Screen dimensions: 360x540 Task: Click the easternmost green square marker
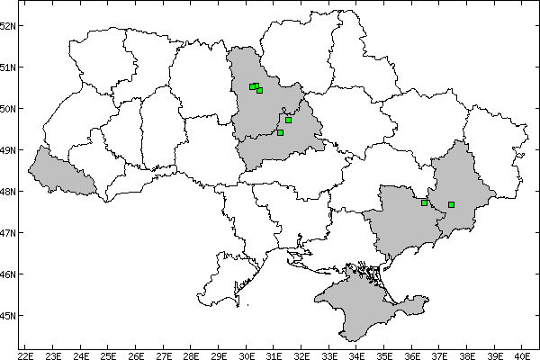click(451, 204)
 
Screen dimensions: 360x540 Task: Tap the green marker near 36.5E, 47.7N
click(424, 202)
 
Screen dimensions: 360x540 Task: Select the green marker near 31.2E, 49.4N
click(280, 132)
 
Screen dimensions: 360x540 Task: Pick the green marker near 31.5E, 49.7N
click(288, 120)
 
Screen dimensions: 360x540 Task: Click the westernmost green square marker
click(252, 86)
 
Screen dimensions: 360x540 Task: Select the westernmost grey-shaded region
click(58, 171)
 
